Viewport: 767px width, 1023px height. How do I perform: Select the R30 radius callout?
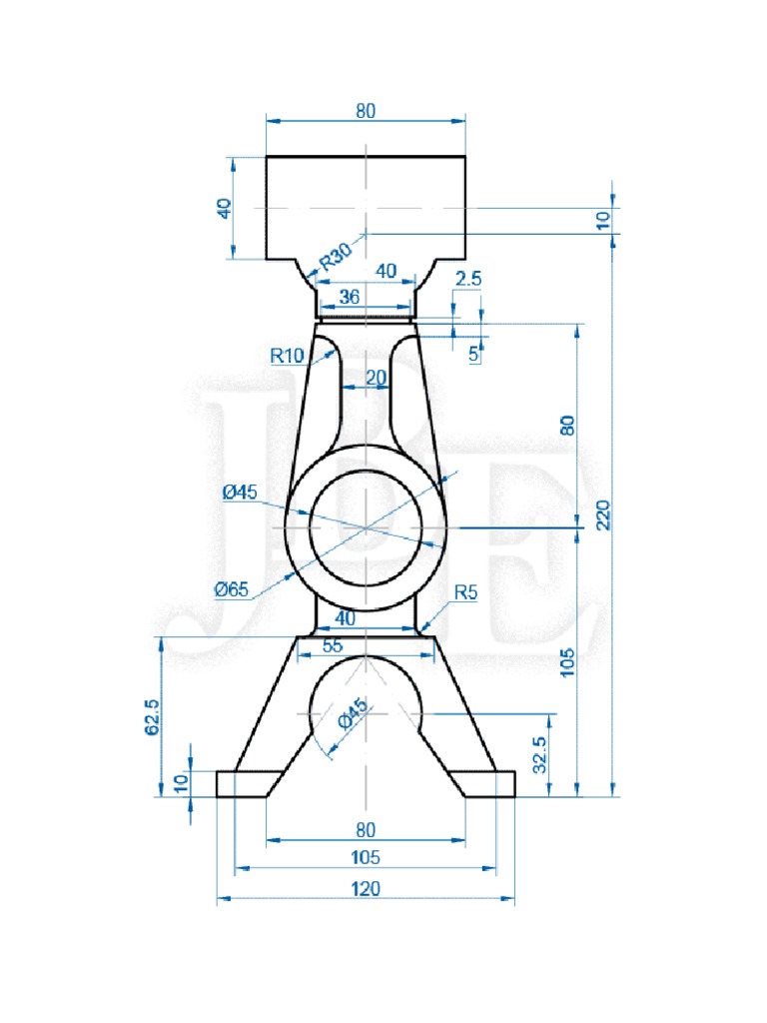coord(336,258)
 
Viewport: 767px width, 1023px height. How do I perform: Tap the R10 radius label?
coord(287,354)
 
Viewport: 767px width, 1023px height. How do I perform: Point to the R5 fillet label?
coord(465,592)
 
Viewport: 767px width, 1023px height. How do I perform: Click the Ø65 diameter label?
coord(231,589)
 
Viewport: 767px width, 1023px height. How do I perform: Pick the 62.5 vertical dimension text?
coord(153,716)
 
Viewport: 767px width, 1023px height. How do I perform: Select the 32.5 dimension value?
coord(540,756)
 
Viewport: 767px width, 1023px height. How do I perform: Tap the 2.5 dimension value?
coord(467,280)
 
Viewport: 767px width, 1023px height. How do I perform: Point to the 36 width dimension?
coord(350,297)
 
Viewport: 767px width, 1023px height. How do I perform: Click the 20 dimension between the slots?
coord(375,377)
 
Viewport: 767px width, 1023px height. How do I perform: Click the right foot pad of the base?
coord(490,784)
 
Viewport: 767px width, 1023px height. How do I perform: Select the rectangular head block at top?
coord(366,207)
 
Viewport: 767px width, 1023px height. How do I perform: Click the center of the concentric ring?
coord(366,525)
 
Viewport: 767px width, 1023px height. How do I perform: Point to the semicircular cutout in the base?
coord(366,699)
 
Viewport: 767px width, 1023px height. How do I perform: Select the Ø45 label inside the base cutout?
coord(353,714)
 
